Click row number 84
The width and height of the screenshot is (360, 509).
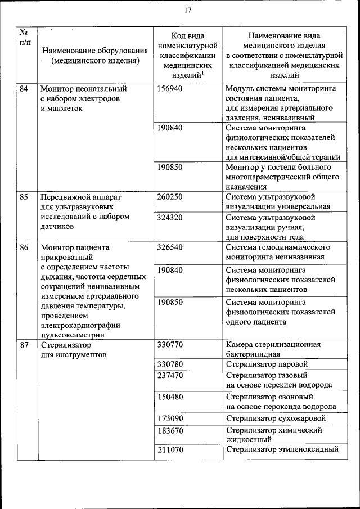point(24,88)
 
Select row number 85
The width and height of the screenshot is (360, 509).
point(24,197)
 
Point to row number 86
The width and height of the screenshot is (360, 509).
point(24,247)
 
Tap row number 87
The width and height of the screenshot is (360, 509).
point(24,344)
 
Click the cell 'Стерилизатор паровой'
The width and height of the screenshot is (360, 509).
point(267,364)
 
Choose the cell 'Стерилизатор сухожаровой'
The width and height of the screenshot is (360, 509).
point(276,418)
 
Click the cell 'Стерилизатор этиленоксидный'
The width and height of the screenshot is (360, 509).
point(282,450)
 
